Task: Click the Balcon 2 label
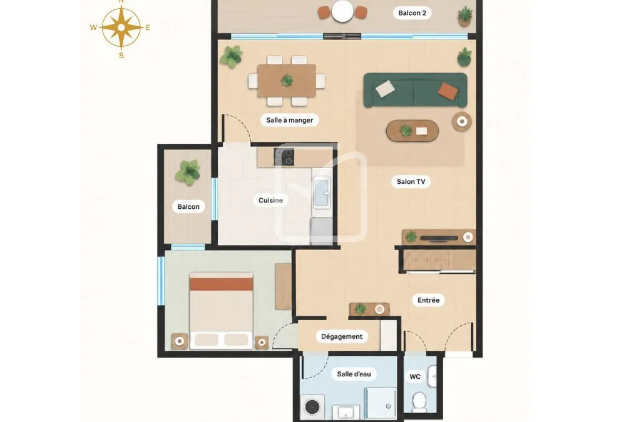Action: pos(412,13)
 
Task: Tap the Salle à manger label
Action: pos(289,120)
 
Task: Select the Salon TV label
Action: pos(411,181)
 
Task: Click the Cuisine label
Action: pos(270,201)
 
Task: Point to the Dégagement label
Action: pos(342,337)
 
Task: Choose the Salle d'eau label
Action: pos(354,374)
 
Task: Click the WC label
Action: pos(415,377)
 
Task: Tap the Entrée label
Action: pos(428,300)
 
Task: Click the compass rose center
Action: pos(121,28)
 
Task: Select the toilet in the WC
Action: pos(419,401)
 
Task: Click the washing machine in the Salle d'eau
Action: pos(312,407)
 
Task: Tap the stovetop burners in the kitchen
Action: pos(284,157)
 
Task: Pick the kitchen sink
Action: pos(321,192)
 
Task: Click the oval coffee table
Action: pos(413,131)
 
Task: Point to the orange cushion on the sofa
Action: pos(448,91)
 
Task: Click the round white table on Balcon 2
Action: pos(342,11)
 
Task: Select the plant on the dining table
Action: pos(287,81)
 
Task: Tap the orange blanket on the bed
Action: pos(221,284)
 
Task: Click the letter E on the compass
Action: pos(148,28)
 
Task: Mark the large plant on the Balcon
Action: pos(188,172)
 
